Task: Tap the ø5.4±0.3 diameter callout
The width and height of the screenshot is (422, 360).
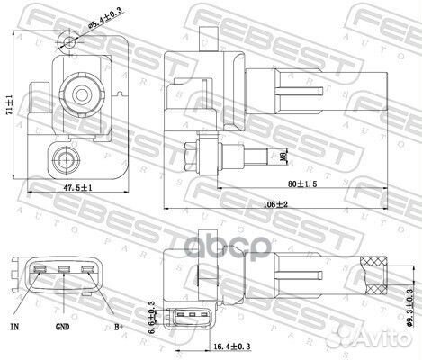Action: pyautogui.click(x=106, y=15)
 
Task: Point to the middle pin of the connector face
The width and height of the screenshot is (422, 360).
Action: pyautogui.click(x=65, y=269)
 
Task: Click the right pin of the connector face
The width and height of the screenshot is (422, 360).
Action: pyautogui.click(x=87, y=269)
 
